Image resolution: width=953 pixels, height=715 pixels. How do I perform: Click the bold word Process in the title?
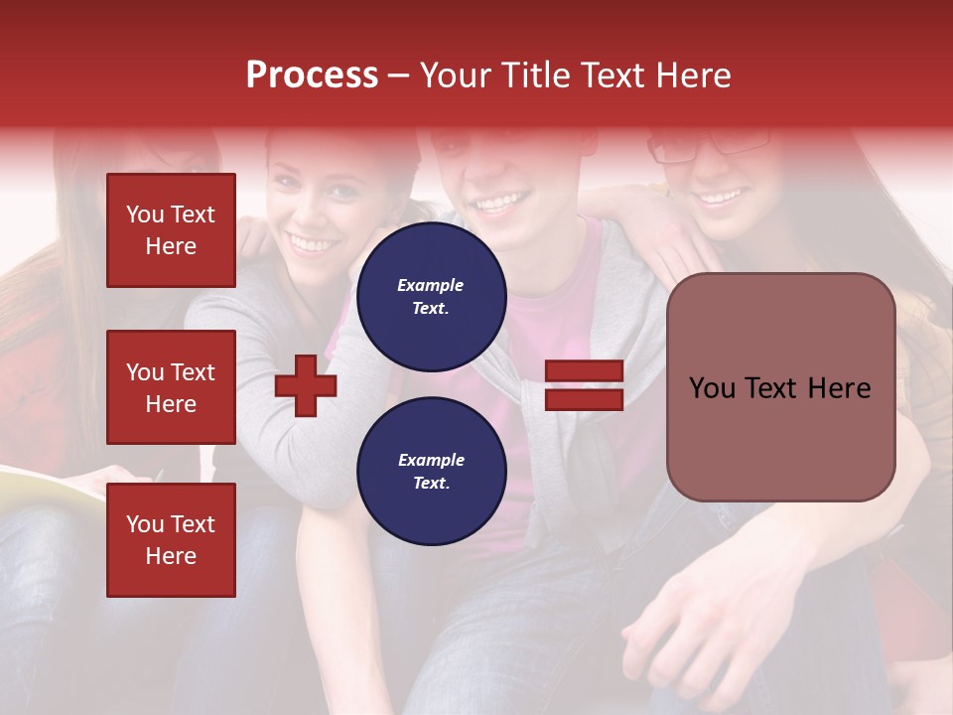(312, 75)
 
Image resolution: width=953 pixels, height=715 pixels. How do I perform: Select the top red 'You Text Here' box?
(171, 230)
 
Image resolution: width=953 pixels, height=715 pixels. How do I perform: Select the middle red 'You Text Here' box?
(171, 387)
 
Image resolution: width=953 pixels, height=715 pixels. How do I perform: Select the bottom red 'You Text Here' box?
(171, 539)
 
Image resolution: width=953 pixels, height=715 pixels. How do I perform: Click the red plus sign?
(306, 384)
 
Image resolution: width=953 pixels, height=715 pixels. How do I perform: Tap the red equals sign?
(584, 385)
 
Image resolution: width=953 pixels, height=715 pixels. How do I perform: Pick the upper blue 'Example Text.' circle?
(431, 296)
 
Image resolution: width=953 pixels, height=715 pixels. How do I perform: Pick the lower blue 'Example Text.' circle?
(431, 471)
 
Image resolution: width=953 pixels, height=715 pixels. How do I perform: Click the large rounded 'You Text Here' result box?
(780, 386)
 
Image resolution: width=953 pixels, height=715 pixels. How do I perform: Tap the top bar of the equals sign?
(584, 372)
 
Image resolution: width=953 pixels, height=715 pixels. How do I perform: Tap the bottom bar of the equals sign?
(584, 399)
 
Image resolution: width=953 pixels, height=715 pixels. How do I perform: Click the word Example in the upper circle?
(430, 285)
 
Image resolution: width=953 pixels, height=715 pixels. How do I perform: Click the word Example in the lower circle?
(430, 460)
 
